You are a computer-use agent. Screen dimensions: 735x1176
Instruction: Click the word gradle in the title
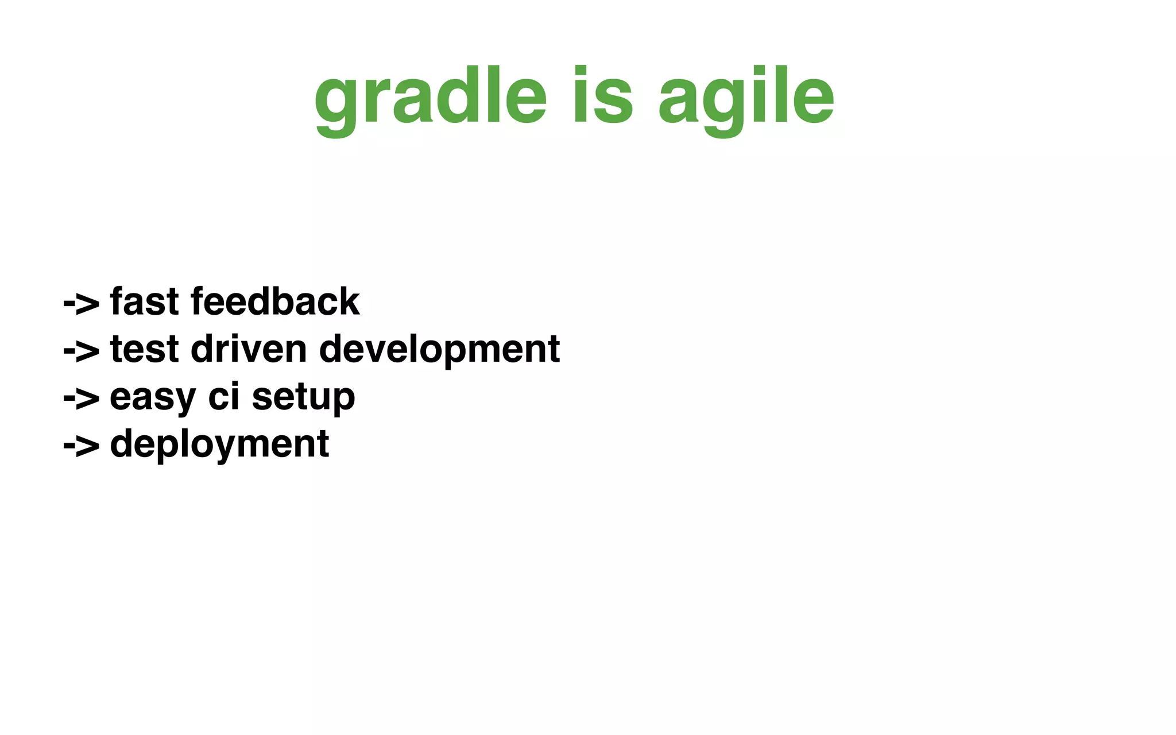coord(431,98)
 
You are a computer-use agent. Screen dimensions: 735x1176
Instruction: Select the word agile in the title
coord(746,98)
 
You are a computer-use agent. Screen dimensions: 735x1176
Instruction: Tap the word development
coord(439,350)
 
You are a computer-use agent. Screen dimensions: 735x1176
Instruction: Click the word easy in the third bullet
coord(153,398)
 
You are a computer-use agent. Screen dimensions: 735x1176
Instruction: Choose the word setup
coord(303,398)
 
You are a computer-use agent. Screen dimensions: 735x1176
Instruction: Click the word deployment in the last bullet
coord(219,445)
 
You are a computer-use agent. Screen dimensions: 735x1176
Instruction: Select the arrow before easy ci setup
coord(81,399)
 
